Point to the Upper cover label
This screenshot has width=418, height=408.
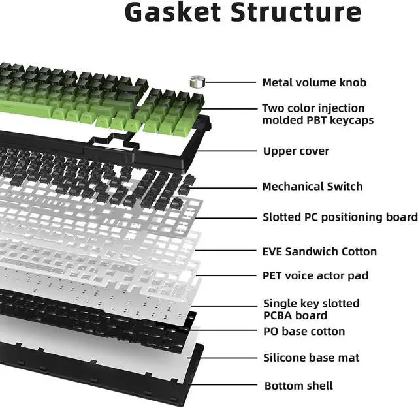tap(296, 151)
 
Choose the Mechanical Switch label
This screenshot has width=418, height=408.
tap(312, 187)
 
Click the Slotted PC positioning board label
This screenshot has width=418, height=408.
tap(340, 217)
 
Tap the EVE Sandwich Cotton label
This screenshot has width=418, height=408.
tap(319, 251)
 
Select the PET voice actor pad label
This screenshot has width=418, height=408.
tap(315, 275)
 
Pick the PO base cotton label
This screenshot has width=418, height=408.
tap(304, 331)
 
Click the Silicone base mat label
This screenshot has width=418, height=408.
tap(311, 358)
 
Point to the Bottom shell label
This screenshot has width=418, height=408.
tap(298, 386)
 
